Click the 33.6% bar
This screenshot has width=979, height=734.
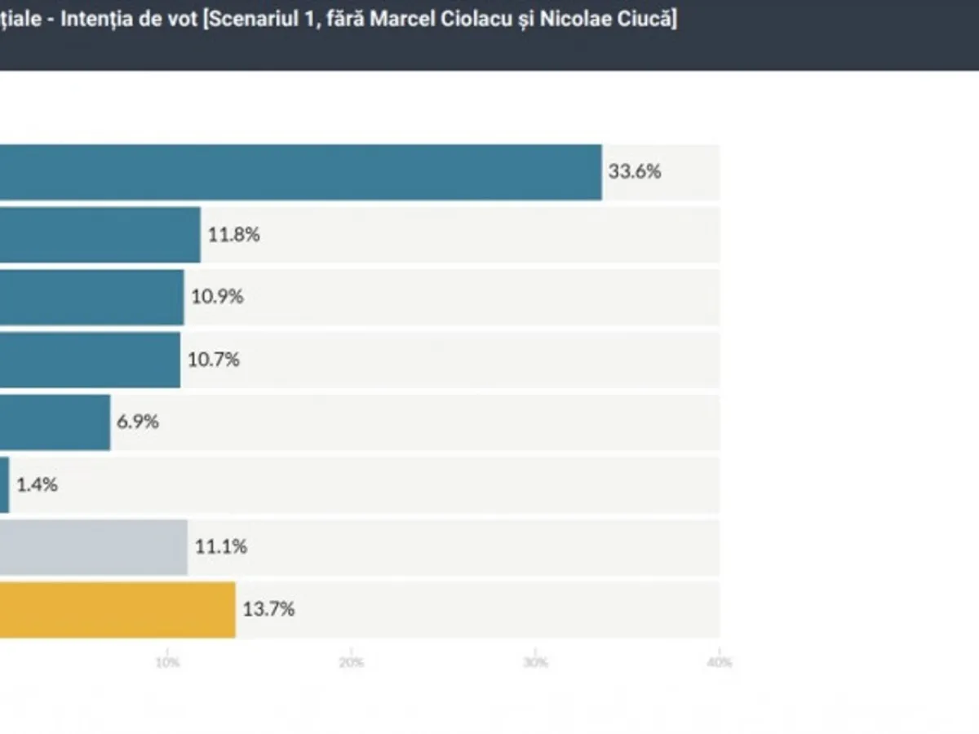click(300, 172)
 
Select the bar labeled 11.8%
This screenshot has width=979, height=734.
click(100, 235)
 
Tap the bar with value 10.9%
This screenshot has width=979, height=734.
click(91, 297)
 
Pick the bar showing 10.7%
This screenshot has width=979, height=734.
click(90, 360)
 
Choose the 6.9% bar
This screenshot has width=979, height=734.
click(55, 422)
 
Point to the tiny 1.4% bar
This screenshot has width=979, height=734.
click(5, 484)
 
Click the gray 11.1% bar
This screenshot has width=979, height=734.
click(93, 547)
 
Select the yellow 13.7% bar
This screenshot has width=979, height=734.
click(117, 609)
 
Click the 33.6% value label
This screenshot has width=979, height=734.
click(634, 172)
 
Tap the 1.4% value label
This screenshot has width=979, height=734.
click(37, 484)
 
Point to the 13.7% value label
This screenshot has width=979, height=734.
click(268, 609)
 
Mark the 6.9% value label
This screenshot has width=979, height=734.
click(138, 422)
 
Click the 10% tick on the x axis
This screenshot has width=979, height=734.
click(167, 662)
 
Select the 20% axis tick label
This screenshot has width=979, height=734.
click(352, 662)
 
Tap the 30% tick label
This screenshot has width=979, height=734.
click(535, 662)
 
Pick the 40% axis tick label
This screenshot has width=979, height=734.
click(719, 662)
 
